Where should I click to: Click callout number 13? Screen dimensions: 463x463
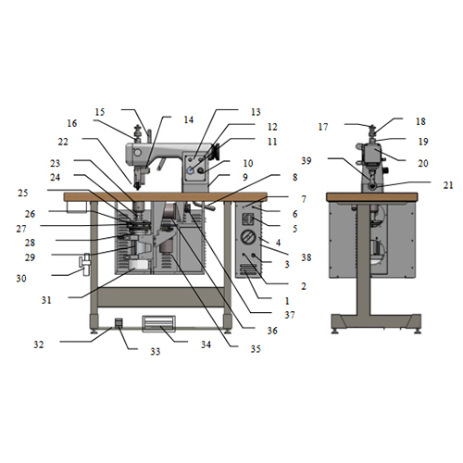click(x=256, y=112)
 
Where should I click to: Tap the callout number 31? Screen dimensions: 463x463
click(x=46, y=300)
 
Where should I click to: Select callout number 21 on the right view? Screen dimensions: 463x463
click(x=448, y=185)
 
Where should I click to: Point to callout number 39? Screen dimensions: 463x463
click(x=307, y=160)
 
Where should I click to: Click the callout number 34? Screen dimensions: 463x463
click(x=206, y=344)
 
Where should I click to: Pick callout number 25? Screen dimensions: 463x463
click(x=23, y=193)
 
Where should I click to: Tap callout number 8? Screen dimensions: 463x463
click(x=295, y=177)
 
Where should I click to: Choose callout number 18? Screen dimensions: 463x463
click(x=420, y=121)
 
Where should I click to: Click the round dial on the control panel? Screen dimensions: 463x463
click(x=248, y=237)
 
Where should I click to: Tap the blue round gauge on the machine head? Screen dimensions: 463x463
click(x=191, y=169)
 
